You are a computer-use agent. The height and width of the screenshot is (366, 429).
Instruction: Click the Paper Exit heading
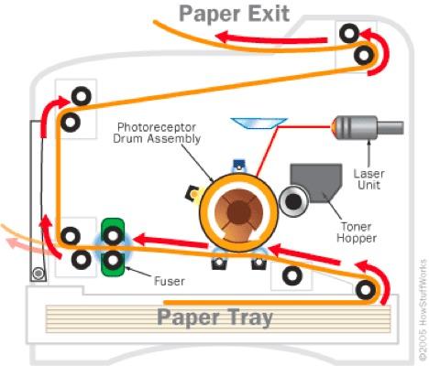[235, 14]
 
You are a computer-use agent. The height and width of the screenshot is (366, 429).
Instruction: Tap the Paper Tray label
[214, 318]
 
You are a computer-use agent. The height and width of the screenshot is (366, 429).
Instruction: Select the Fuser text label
[170, 281]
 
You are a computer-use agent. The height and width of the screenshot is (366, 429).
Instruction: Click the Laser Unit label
[368, 179]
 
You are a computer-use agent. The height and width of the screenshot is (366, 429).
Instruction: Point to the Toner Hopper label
[357, 232]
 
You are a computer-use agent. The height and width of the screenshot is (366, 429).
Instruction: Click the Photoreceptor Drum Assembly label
[157, 133]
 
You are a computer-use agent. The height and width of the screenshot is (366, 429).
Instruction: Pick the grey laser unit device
[368, 127]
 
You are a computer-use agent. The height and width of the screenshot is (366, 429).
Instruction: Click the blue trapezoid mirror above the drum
[259, 124]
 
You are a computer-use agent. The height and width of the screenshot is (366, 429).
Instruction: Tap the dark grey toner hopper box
[316, 183]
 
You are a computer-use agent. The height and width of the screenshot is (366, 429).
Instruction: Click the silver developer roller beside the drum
[293, 201]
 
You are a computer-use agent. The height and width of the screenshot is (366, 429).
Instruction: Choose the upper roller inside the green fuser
[113, 235]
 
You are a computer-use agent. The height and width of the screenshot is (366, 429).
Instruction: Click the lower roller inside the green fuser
[113, 260]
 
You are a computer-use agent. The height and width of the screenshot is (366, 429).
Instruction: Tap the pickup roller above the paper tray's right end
[366, 290]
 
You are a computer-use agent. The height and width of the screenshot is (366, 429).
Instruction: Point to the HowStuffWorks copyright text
[423, 309]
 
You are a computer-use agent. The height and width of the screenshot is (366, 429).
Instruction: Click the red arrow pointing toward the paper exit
[272, 38]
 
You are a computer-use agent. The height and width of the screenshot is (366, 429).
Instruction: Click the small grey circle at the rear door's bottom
[38, 274]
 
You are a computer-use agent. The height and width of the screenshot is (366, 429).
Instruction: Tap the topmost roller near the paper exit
[349, 34]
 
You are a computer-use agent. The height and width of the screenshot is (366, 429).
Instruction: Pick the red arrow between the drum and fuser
[171, 241]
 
